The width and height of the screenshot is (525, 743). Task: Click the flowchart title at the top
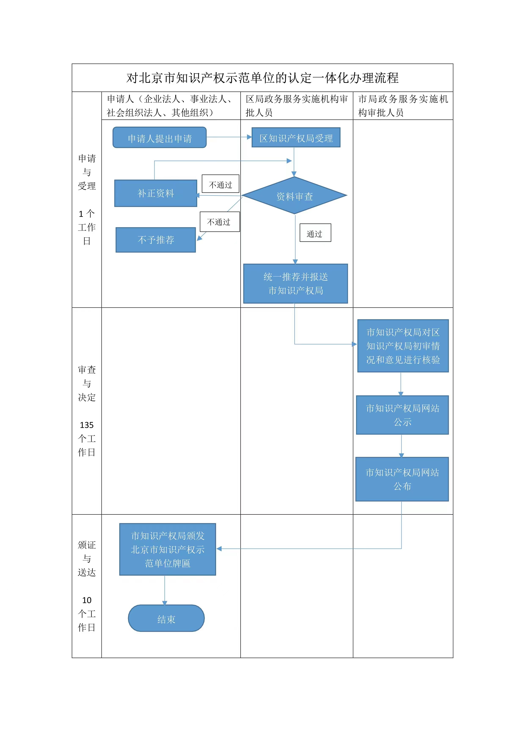point(262,78)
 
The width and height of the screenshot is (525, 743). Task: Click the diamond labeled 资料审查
point(295,196)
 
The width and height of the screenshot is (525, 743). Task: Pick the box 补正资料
point(156,193)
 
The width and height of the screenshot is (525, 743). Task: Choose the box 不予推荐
point(156,240)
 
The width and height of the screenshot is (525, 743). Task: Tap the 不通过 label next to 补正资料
point(220,184)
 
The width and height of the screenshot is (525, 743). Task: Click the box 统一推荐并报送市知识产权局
point(295,283)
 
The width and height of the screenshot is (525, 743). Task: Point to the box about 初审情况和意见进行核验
point(403,346)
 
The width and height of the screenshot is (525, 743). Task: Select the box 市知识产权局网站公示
point(402,415)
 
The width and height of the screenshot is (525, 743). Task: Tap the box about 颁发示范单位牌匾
point(167,549)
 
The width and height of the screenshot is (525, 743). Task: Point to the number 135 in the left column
point(87,425)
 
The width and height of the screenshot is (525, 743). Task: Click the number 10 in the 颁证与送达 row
point(87,600)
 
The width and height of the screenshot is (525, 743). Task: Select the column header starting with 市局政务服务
point(403,106)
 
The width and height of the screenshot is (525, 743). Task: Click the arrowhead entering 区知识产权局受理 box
point(249,137)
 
